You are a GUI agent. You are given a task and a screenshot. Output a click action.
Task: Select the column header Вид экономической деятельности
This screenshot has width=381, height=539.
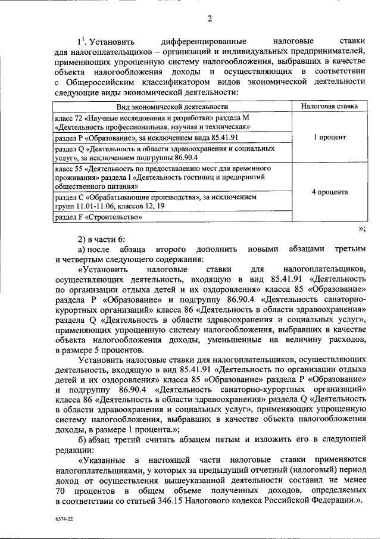coord(172,107)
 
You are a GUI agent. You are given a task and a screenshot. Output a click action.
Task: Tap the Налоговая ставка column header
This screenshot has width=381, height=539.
coord(329,107)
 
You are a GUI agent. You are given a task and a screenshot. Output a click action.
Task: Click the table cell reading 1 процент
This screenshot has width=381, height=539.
coord(329,136)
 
